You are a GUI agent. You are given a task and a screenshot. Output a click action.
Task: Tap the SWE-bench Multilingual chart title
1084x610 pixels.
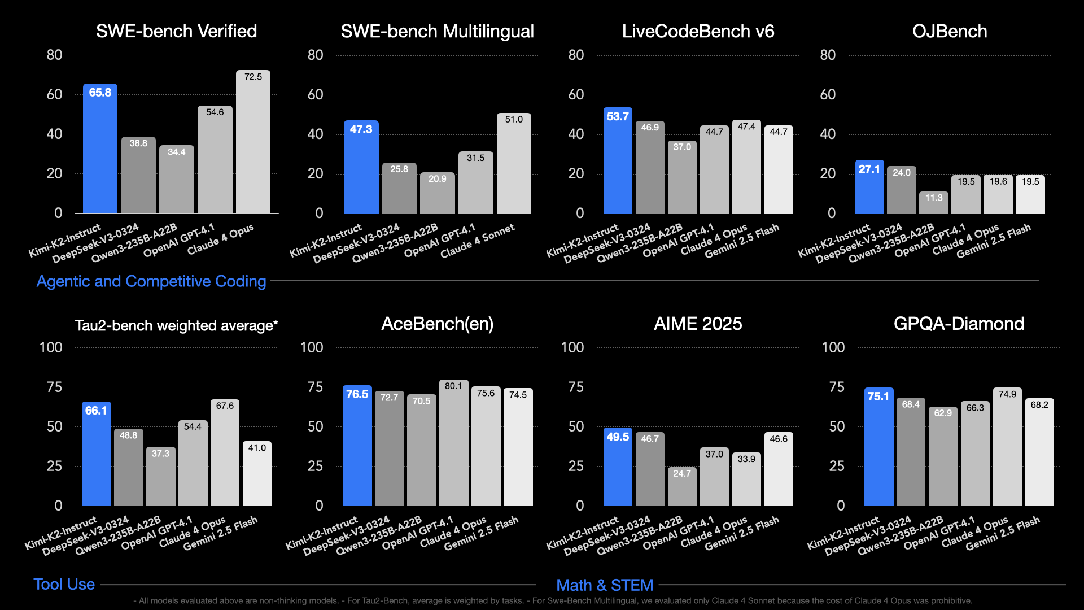437,31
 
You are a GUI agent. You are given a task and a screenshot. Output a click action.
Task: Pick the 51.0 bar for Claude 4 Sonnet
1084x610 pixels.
514,164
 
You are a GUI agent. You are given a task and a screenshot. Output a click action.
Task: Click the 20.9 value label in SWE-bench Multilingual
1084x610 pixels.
437,178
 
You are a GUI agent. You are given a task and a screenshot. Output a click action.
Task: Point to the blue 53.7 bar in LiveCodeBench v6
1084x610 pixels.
618,161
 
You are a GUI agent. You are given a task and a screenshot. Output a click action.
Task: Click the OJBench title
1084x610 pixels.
950,31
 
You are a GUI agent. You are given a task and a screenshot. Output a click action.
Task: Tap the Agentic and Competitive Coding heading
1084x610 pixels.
151,281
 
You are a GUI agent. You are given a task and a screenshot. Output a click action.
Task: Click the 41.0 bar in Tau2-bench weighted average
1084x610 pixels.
257,474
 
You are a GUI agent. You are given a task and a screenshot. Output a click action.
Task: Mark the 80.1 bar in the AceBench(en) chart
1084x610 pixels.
453,443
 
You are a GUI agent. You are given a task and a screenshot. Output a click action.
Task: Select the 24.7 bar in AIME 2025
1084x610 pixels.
682,487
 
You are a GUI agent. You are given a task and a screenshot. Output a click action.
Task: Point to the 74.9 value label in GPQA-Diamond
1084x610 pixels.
1007,394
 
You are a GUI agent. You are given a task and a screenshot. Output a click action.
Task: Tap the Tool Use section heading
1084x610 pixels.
64,584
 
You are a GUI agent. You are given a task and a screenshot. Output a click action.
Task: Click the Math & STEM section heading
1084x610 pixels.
605,585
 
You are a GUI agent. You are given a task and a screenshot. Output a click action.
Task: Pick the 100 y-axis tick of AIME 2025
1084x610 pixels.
572,347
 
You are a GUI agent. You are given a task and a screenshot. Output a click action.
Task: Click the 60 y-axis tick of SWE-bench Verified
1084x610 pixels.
55,94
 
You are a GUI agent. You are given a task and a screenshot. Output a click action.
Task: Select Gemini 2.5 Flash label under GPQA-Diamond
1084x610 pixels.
1003,533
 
